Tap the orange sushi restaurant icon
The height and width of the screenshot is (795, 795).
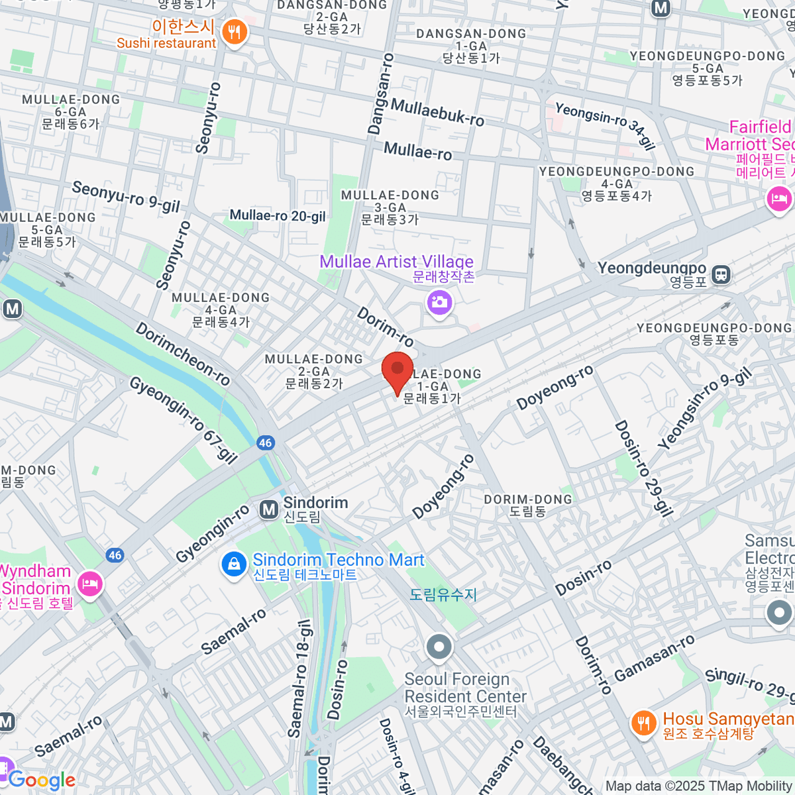click(x=234, y=31)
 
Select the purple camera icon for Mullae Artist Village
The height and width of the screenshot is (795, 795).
click(x=439, y=303)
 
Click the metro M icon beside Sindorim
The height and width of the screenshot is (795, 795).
click(x=269, y=509)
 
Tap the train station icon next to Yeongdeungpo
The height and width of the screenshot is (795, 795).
click(x=721, y=274)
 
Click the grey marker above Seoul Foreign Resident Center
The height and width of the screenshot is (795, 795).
click(x=439, y=647)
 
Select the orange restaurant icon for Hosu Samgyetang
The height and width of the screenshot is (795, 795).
click(x=643, y=723)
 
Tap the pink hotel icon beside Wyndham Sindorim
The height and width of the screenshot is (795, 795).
click(x=88, y=584)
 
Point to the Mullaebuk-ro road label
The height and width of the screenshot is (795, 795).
click(x=437, y=112)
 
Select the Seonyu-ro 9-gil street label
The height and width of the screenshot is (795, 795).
click(x=126, y=197)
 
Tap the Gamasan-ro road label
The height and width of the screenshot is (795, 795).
click(x=655, y=658)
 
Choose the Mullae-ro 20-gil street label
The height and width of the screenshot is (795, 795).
click(x=278, y=215)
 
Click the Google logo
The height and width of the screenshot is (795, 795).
click(x=41, y=780)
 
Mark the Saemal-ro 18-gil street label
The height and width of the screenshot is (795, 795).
click(x=299, y=679)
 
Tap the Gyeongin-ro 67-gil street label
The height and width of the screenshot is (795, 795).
click(x=183, y=421)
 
